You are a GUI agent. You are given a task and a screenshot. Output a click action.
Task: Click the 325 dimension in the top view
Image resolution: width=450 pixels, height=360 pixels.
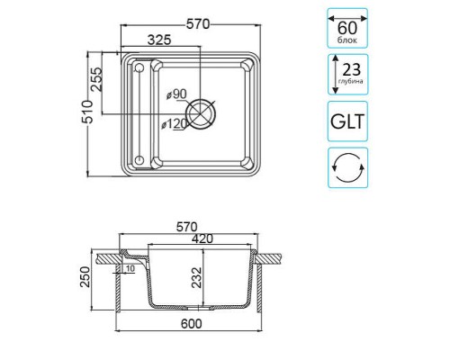(x=159, y=40)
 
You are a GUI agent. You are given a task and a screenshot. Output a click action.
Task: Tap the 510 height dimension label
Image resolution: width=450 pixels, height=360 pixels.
(x=88, y=112)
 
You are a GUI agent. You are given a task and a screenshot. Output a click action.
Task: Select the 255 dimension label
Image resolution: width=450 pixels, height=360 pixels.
(x=96, y=79)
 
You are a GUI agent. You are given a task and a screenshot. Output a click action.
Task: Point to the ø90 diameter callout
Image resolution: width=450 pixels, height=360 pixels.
(x=176, y=94)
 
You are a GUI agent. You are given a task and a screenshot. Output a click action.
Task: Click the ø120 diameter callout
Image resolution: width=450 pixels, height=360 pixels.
(x=175, y=124)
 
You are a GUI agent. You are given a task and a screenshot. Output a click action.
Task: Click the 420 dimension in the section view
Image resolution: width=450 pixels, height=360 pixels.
(x=202, y=238)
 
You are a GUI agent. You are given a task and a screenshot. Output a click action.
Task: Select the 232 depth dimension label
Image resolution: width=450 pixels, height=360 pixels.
(x=197, y=277)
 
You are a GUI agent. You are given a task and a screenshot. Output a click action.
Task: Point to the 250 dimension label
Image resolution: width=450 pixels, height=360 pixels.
(x=85, y=276)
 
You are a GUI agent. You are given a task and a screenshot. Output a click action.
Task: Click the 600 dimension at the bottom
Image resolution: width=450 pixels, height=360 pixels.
(x=192, y=324)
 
